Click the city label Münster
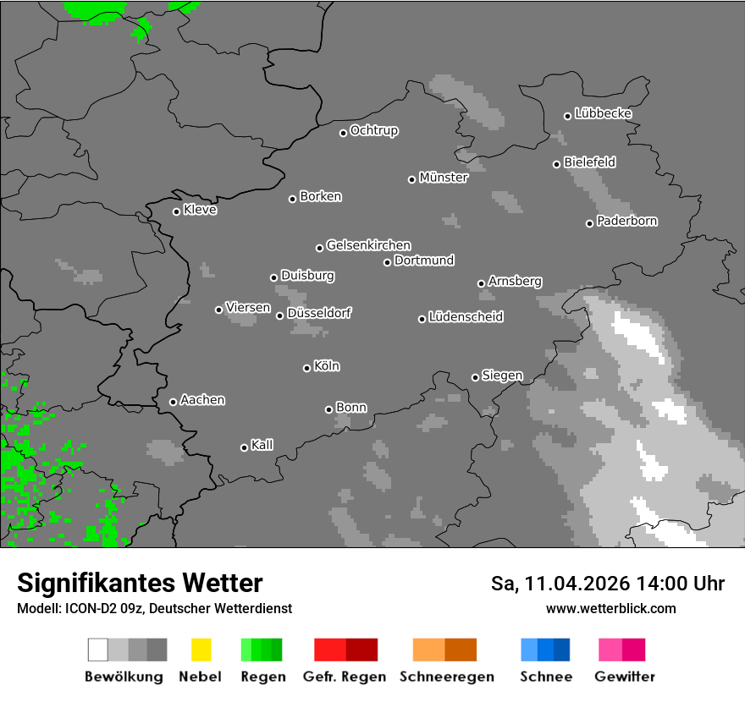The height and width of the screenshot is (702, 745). (443, 178)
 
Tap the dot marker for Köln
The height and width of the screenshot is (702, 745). (306, 368)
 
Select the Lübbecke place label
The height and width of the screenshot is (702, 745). (603, 113)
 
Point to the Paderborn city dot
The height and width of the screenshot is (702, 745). (589, 223)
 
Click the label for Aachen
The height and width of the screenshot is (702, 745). (202, 400)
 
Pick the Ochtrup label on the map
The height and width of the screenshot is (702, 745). (373, 131)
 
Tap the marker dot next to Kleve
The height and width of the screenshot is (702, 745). (176, 211)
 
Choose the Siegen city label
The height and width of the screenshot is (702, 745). (502, 376)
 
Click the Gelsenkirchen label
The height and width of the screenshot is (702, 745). (368, 245)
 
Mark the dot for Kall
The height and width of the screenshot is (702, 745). (244, 447)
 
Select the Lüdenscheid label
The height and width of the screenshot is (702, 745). (466, 317)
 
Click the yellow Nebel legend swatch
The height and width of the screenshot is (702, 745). (201, 650)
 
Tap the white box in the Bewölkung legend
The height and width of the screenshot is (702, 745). (98, 650)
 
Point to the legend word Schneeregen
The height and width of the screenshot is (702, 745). (446, 677)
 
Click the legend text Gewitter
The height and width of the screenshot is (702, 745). (624, 677)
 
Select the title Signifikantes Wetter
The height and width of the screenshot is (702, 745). (140, 583)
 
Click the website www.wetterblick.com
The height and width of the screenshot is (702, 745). (610, 608)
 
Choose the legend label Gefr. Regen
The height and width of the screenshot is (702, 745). (345, 677)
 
